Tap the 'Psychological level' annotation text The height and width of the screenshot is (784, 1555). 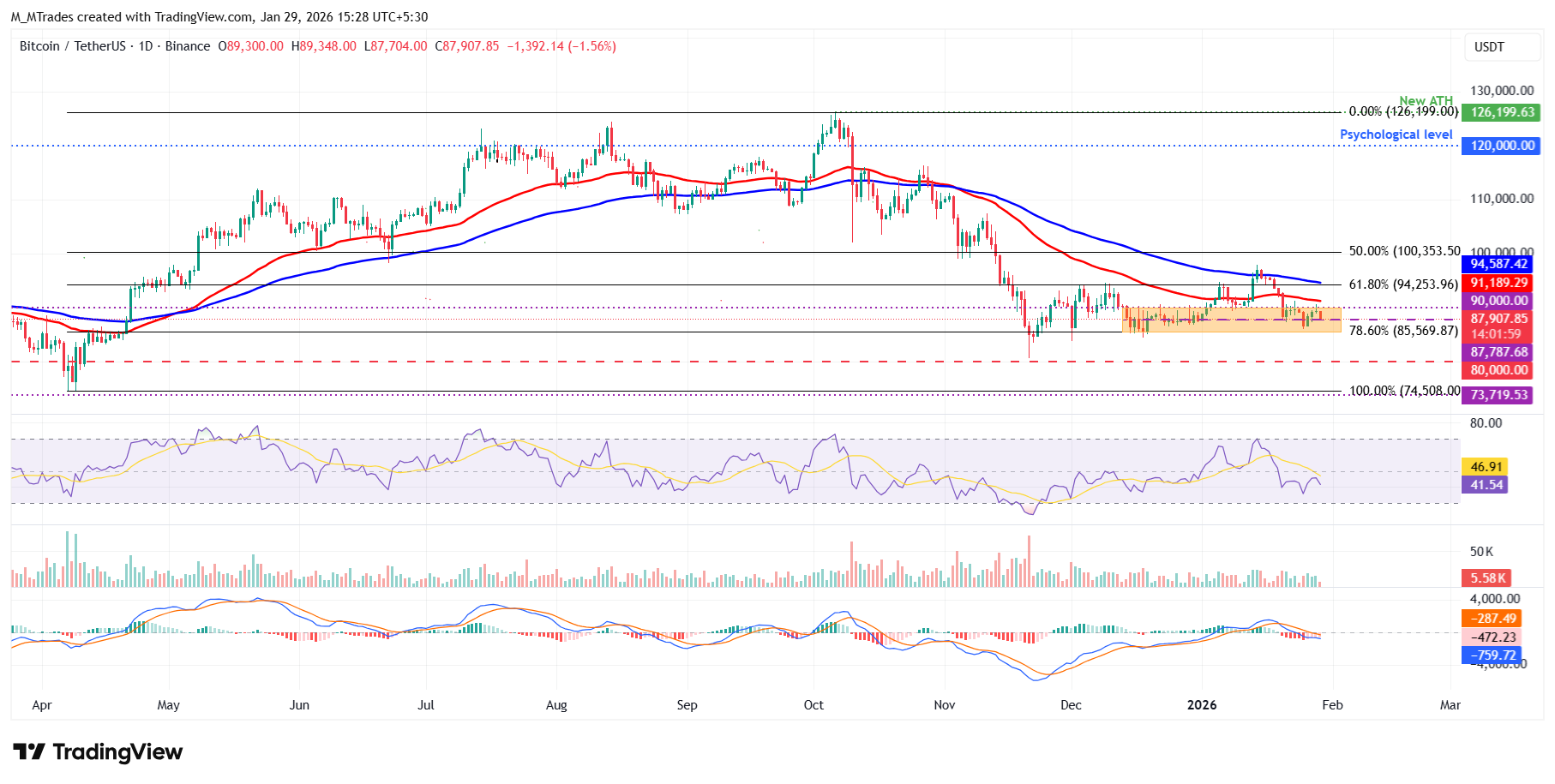(x=1396, y=135)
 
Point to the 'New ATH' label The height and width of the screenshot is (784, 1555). (x=1426, y=101)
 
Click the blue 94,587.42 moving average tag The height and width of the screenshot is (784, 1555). (x=1499, y=264)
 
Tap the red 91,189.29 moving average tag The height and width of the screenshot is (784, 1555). (x=1499, y=283)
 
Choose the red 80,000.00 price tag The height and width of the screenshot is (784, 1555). (x=1499, y=370)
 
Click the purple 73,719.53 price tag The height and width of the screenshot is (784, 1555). (x=1499, y=395)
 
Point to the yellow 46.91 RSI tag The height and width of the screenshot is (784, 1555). (x=1486, y=467)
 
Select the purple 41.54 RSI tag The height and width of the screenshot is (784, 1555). (x=1486, y=485)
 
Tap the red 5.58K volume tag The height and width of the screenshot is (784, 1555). (x=1487, y=578)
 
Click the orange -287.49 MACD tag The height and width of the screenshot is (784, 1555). (x=1493, y=619)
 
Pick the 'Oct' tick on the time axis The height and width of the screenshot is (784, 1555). (x=814, y=705)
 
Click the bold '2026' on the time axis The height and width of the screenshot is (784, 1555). (x=1202, y=705)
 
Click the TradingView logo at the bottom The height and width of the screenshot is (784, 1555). (x=98, y=752)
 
